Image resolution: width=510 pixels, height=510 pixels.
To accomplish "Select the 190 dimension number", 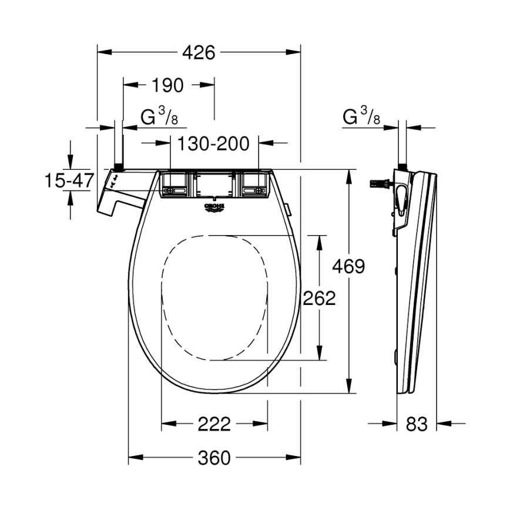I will [x=167, y=85].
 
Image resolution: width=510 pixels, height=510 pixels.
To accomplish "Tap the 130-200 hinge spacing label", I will [x=214, y=143].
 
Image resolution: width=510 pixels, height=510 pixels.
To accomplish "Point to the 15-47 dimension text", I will [x=69, y=180].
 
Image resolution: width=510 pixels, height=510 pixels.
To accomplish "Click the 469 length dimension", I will [x=348, y=266].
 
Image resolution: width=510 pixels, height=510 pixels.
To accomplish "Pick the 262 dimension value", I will [x=319, y=298].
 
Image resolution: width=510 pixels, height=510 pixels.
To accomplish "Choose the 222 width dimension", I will [x=214, y=423].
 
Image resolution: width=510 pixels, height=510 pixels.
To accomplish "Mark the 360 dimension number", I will [x=214, y=458].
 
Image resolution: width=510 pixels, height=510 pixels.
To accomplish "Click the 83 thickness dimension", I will [x=417, y=423].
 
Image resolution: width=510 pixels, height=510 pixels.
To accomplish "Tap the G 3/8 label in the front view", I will [x=159, y=117].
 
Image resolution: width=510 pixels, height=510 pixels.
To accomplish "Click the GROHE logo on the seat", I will [x=215, y=208].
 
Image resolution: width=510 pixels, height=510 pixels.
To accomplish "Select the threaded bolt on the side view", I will [x=379, y=183].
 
